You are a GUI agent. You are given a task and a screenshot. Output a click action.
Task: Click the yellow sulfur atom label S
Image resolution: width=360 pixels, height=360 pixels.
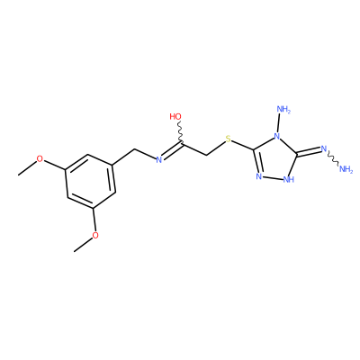[229, 139]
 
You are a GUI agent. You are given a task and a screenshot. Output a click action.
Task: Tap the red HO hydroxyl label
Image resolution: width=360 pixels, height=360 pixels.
[175, 116]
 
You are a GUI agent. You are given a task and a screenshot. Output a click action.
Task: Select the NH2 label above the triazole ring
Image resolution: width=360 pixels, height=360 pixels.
[283, 109]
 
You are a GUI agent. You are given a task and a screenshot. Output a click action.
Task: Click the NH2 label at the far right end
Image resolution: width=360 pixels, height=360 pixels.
[346, 169]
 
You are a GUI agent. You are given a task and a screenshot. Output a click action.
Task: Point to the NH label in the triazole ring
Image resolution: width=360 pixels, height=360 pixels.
[288, 179]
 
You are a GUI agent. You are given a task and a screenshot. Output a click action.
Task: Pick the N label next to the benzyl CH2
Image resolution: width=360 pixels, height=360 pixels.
[159, 160]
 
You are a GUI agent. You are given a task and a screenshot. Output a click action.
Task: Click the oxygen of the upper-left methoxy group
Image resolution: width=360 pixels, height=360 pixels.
[40, 159]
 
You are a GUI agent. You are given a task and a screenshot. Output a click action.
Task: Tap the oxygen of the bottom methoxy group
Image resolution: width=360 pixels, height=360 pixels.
[95, 235]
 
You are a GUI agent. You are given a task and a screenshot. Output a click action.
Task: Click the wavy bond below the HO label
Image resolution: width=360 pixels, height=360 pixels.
[180, 131]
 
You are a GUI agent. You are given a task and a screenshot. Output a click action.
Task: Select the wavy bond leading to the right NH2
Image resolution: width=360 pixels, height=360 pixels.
[333, 158]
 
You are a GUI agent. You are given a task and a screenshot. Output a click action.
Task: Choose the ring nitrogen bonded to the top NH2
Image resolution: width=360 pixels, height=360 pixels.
[277, 138]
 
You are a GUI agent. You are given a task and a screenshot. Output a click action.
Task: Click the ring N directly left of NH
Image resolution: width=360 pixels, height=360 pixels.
[259, 176]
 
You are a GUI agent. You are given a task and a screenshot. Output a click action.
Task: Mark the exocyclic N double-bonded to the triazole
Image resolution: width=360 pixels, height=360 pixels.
[323, 148]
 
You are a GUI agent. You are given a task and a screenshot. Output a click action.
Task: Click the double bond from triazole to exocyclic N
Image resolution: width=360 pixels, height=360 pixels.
[309, 152]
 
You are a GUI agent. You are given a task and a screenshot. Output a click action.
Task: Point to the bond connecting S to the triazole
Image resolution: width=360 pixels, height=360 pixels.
[243, 145]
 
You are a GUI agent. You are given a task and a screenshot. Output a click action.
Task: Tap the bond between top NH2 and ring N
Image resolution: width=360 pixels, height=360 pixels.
[279, 124]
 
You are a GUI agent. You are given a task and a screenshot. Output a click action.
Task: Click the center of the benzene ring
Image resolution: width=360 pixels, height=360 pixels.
[91, 181]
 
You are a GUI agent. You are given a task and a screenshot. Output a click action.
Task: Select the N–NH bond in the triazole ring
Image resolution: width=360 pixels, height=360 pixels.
[273, 178]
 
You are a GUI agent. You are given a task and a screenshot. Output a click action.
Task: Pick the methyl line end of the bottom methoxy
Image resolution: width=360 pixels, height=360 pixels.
[75, 251]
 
